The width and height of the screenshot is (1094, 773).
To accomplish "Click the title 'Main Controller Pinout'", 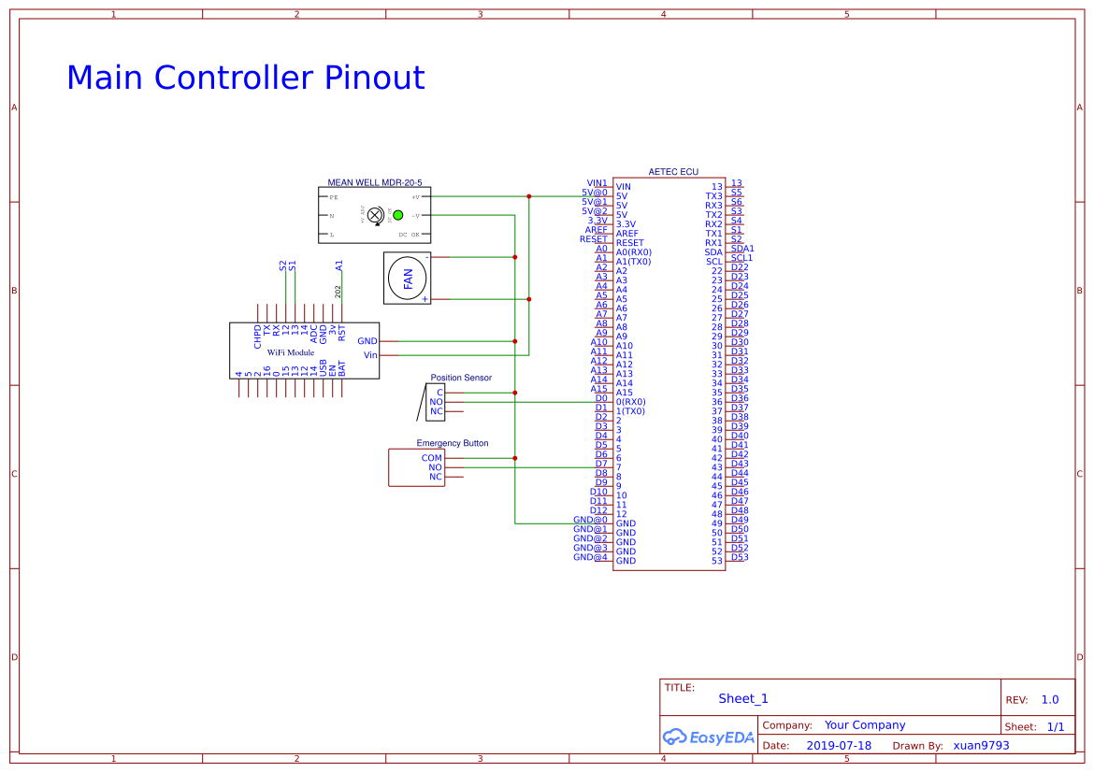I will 245,78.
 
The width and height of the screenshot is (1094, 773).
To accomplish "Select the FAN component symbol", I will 408,278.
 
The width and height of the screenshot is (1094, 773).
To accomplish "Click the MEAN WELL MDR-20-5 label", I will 374,182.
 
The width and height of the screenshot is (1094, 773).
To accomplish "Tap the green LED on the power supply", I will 397,215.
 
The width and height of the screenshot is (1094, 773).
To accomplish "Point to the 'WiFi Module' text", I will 291,352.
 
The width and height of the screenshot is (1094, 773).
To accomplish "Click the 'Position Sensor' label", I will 461,378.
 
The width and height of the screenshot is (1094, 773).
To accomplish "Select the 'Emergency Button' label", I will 452,443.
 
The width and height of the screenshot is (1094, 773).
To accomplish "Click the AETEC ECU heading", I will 673,172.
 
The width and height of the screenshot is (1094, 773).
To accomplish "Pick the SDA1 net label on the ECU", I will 742,249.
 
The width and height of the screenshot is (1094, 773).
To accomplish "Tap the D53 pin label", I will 740,557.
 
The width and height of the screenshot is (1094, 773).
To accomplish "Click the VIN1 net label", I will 597,183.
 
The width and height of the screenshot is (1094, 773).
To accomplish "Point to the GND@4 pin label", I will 590,557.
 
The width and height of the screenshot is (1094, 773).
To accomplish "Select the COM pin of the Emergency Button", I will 431,458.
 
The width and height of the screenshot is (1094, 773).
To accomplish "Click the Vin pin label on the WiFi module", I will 370,355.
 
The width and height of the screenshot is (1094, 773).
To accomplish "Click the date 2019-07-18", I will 839,746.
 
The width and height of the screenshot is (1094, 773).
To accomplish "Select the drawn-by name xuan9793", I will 981,746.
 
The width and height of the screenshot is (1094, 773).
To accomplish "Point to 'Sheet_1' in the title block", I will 743,698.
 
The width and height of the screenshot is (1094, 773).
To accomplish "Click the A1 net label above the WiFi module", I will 339,265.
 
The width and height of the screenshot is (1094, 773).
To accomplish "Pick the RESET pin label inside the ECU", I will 629,243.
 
